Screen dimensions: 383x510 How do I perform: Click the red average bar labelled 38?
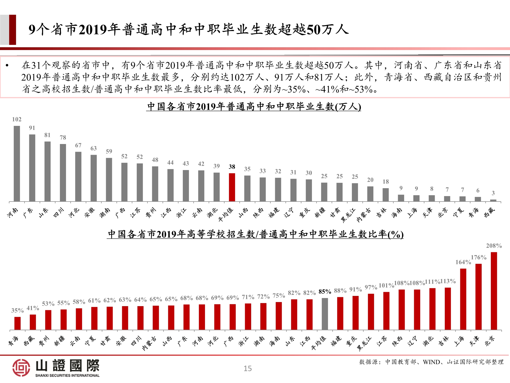click(x=232, y=187)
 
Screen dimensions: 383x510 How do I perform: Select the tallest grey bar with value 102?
click(x=17, y=163)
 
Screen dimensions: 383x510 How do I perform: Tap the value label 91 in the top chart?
click(x=32, y=128)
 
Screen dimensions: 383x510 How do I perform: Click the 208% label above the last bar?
click(x=494, y=246)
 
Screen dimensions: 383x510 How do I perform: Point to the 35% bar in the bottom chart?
click(x=18, y=323)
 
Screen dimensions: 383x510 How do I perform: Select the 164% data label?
click(x=463, y=262)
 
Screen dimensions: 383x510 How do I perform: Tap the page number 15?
click(x=247, y=368)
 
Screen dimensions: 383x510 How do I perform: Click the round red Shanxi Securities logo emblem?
click(x=21, y=367)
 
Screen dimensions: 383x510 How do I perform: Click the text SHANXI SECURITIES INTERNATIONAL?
click(x=67, y=375)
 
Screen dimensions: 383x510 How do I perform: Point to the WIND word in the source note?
click(x=431, y=362)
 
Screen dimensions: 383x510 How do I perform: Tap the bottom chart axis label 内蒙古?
click(x=149, y=343)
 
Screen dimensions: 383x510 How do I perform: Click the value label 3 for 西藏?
click(x=493, y=193)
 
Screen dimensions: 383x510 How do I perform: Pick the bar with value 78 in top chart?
click(x=63, y=173)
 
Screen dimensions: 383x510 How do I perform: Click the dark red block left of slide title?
click(x=12, y=30)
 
